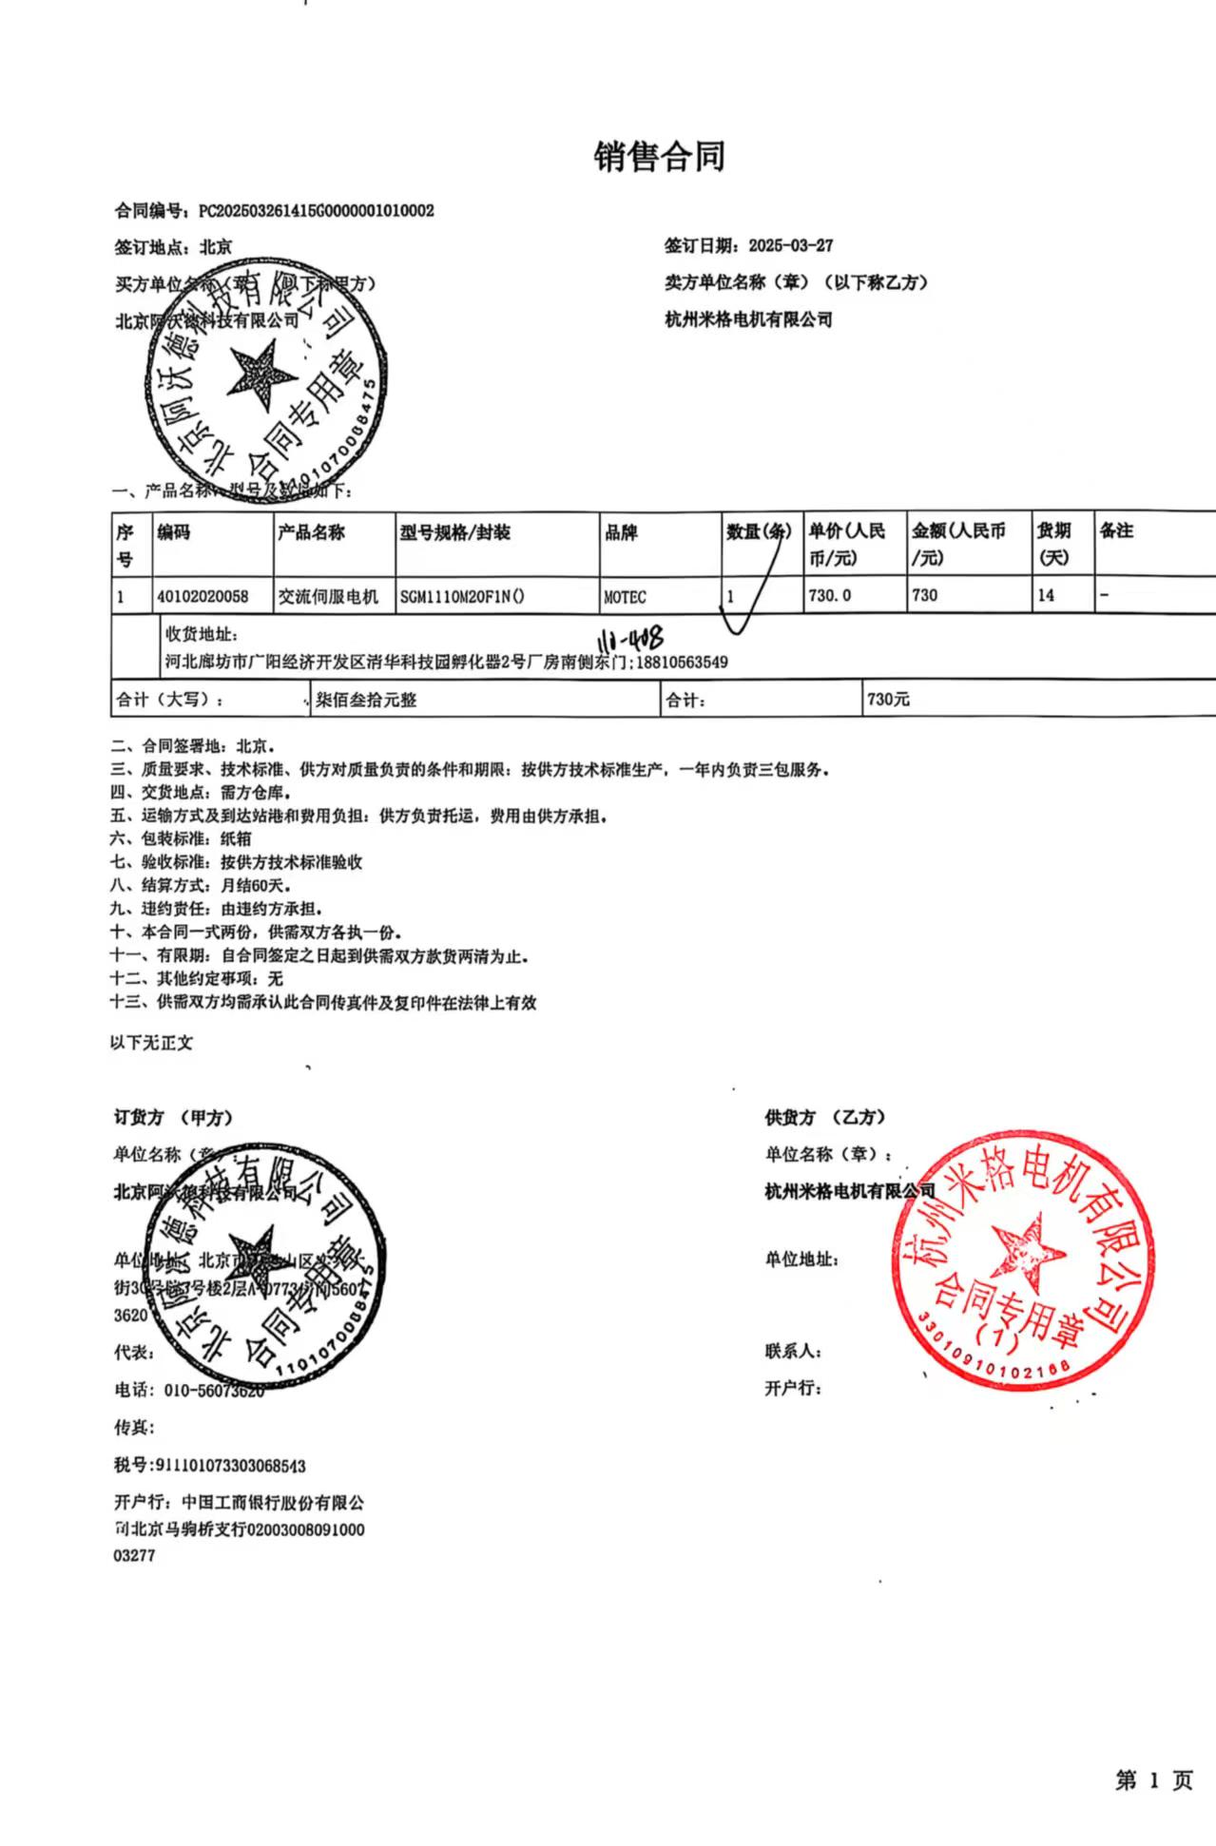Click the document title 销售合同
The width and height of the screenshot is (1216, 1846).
[x=660, y=157]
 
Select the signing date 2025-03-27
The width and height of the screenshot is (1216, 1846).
[x=790, y=245]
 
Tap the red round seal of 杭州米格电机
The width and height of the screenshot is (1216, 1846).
[x=1023, y=1260]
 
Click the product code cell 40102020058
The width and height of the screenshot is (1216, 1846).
[x=203, y=596]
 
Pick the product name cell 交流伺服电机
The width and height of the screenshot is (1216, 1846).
[x=328, y=596]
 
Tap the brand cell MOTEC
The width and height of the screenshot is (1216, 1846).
[x=625, y=597]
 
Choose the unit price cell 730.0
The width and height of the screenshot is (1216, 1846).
[x=829, y=595]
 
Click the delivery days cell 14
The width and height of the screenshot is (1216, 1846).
[x=1046, y=595]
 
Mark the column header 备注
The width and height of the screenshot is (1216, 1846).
[x=1116, y=530]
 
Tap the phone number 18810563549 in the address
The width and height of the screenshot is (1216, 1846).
[x=681, y=663]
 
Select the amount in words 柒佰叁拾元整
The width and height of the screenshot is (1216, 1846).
[x=366, y=701]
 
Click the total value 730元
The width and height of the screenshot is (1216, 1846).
[x=888, y=700]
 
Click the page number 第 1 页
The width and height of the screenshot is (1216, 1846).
[x=1153, y=1780]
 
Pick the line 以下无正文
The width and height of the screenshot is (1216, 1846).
[x=151, y=1043]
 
